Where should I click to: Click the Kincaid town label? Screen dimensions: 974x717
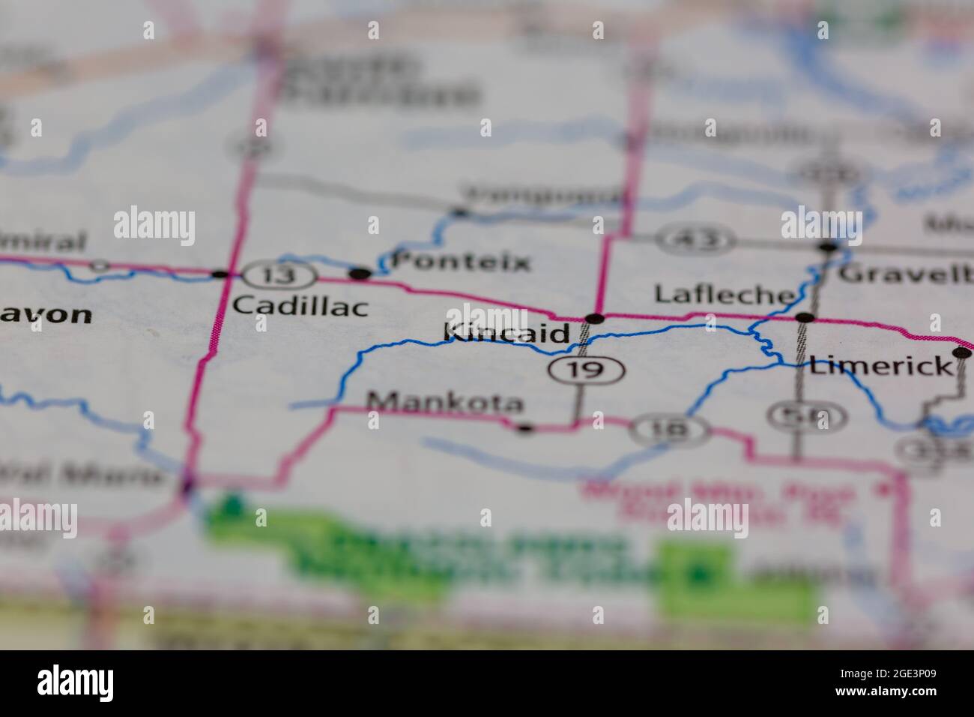[506, 333]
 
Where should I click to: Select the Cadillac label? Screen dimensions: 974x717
[300, 306]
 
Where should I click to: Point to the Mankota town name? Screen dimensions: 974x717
[445, 403]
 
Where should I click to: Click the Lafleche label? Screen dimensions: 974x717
[724, 294]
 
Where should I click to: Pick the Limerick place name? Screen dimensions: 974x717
[880, 366]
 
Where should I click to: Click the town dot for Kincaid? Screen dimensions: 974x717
[594, 319]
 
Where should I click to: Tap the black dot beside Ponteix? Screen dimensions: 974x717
[361, 274]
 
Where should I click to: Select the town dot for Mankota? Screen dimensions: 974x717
[525, 428]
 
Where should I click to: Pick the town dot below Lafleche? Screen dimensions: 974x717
[805, 318]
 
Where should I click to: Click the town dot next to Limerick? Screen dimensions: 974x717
[961, 352]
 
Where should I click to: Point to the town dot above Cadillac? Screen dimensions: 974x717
[220, 274]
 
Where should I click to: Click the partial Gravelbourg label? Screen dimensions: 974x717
[905, 273]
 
